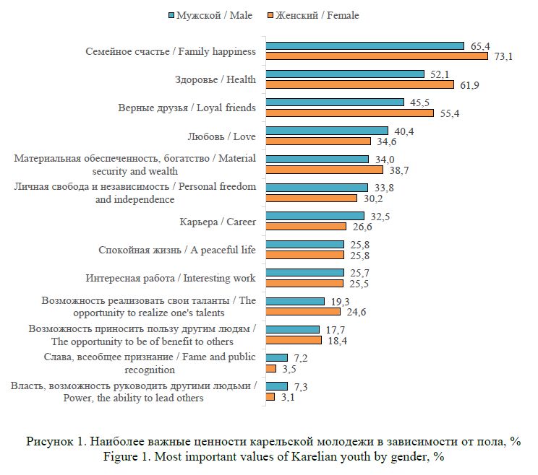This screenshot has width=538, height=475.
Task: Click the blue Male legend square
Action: pyautogui.click(x=171, y=15)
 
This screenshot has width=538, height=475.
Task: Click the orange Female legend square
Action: pyautogui.click(x=270, y=15)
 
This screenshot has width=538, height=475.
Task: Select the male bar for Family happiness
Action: pyautogui.click(x=365, y=46)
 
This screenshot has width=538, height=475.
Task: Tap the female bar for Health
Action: pyautogui.click(x=360, y=84)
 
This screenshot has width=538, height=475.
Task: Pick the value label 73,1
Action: pyautogui.click(x=503, y=56)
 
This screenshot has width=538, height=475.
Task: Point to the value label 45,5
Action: pyautogui.click(x=419, y=103)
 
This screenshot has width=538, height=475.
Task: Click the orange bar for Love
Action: pyautogui.click(x=318, y=141)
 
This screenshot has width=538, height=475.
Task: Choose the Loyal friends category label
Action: pyautogui.click(x=187, y=108)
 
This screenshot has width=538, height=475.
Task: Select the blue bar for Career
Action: pyautogui.click(x=315, y=216)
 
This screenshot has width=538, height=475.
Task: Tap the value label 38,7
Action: pyautogui.click(x=399, y=170)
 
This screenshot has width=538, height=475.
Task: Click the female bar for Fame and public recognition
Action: pyautogui.click(x=271, y=368)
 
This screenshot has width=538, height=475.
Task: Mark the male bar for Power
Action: pyautogui.click(x=277, y=386)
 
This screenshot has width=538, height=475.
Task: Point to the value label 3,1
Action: pyautogui.click(x=288, y=397)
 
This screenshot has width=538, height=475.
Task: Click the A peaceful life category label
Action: pyautogui.click(x=177, y=250)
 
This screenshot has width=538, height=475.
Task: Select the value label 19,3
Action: pyautogui.click(x=340, y=302)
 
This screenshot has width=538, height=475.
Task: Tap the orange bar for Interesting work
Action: pyautogui.click(x=304, y=283)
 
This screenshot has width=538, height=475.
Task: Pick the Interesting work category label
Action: pyautogui.click(x=171, y=278)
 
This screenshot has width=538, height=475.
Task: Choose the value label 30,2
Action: pyautogui.click(x=373, y=199)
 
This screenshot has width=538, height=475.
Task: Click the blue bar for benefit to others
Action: pyautogui.click(x=293, y=329)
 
